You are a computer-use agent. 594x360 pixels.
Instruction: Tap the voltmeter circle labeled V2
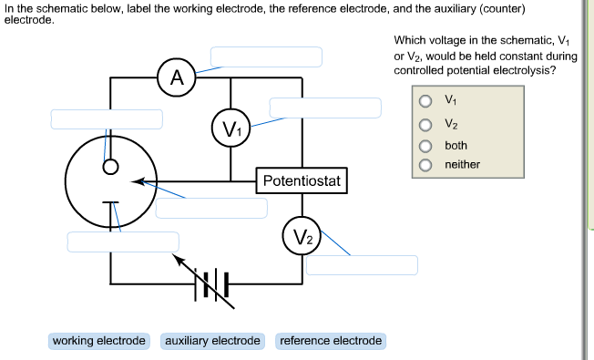tap(302, 239)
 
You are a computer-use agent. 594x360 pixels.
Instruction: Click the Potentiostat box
tap(302, 181)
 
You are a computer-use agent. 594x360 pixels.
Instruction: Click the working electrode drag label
tap(99, 341)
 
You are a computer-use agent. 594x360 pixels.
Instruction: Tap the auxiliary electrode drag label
tap(212, 341)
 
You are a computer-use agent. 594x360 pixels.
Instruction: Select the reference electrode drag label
tap(331, 341)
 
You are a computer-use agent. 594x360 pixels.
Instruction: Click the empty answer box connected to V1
tap(324, 108)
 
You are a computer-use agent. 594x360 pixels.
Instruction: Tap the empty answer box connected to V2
tap(362, 265)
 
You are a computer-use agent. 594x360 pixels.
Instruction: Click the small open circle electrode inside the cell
tap(110, 167)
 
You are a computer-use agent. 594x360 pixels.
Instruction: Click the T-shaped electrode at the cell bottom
tap(110, 203)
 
